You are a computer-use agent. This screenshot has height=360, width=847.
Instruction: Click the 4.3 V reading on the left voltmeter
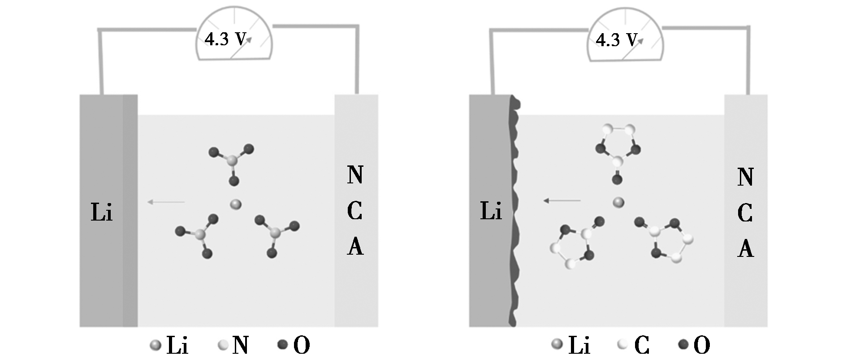coord(225,39)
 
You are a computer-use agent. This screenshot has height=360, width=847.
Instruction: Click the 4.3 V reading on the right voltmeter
coord(616,40)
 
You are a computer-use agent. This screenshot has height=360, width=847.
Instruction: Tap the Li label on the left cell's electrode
coord(101,212)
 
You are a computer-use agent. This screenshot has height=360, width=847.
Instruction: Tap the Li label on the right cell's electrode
coord(491,211)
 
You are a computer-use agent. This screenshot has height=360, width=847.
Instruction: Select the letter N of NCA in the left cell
coord(355,175)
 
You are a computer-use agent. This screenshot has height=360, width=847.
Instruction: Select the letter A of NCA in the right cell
coord(745,248)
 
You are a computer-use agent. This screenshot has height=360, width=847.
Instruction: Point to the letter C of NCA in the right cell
coord(745,213)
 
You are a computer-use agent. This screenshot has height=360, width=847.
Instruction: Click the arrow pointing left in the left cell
coord(166,202)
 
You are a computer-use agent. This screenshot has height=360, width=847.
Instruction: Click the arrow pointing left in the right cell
coord(562,200)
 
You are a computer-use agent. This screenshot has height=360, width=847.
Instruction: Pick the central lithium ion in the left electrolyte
coord(235,204)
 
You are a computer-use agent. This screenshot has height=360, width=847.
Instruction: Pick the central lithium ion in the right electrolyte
coord(618,203)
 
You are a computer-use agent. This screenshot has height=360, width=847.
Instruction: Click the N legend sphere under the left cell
coord(223,345)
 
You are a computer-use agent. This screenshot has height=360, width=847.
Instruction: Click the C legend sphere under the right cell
coord(622,344)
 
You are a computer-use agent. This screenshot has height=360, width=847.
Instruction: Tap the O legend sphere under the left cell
coord(282,345)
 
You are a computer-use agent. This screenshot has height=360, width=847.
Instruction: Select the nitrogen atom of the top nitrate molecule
coord(232,160)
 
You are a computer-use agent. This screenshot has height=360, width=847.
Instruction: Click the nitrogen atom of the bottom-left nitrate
coord(200,234)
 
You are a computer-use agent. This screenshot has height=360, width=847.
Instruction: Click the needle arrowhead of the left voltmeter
coord(248,39)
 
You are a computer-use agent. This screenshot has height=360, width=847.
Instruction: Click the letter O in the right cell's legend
coord(701,345)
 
